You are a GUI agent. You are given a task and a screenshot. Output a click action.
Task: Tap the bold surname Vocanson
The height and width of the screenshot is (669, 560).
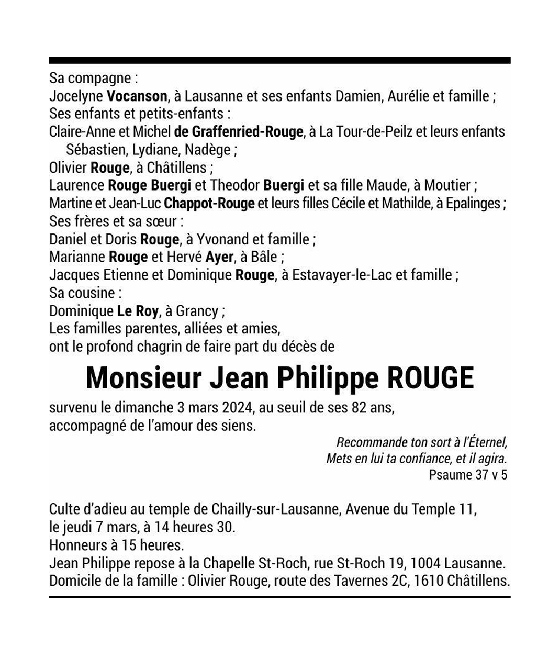(x=137, y=96)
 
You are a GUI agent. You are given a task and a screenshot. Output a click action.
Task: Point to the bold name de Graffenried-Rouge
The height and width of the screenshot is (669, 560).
(x=239, y=131)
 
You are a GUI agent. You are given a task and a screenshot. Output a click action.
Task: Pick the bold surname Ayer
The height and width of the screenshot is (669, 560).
(x=219, y=257)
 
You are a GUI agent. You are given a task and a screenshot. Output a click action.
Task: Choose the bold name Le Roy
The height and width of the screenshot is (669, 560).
(x=138, y=311)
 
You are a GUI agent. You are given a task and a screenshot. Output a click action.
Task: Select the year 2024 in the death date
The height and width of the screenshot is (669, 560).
(x=236, y=407)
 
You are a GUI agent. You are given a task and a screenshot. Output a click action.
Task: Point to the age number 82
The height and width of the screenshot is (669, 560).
(x=359, y=407)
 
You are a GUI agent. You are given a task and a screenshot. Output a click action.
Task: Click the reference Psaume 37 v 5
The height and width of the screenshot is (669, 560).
(x=468, y=475)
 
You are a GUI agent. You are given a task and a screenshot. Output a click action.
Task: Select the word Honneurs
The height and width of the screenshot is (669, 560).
(x=77, y=545)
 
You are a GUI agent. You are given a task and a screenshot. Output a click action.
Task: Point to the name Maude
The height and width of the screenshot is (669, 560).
(x=386, y=185)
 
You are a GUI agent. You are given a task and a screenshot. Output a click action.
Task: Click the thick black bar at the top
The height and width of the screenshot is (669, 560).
(x=279, y=60)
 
